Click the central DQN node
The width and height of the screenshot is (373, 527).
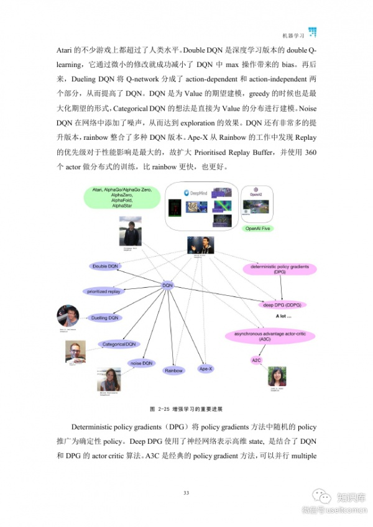coord(168,285)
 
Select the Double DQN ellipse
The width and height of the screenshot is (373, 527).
coord(106,266)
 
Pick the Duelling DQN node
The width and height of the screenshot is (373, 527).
coord(105,318)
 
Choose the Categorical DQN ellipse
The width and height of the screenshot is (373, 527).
coord(119,344)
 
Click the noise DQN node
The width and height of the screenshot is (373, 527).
coord(141,363)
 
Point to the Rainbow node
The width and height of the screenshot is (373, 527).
coord(173,370)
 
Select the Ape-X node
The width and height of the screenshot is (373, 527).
coord(206,369)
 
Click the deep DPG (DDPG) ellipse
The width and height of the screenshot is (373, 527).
coord(287,305)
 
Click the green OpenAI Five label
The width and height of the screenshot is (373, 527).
coord(256,229)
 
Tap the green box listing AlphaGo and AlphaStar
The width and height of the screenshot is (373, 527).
coord(122,198)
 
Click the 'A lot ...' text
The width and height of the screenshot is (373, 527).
coord(283,316)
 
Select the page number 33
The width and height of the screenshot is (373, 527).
coord(186,493)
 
